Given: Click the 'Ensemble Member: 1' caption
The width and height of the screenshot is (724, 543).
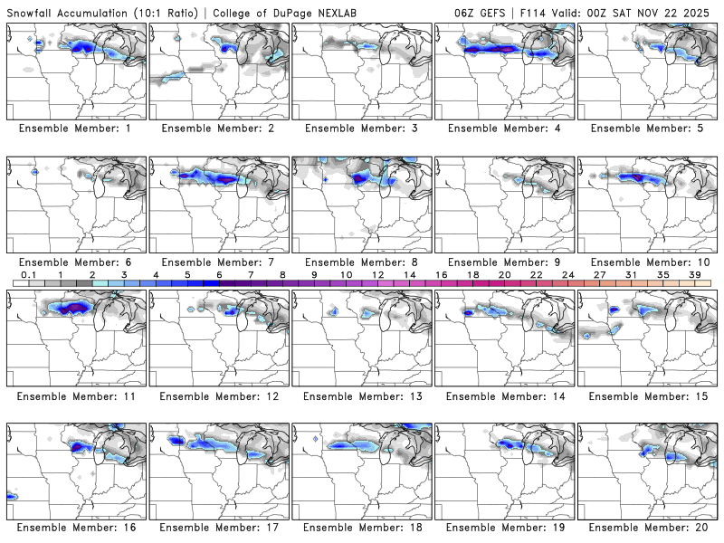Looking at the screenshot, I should pyautogui.click(x=77, y=129).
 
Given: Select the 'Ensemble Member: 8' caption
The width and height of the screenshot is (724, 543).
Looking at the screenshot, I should pyautogui.click(x=363, y=262).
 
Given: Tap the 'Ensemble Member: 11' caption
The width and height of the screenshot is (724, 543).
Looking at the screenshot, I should pyautogui.click(x=77, y=395).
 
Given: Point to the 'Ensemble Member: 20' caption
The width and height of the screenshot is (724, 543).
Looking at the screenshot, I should pyautogui.click(x=649, y=528).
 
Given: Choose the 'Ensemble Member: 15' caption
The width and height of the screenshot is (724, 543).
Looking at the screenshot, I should pyautogui.click(x=649, y=395).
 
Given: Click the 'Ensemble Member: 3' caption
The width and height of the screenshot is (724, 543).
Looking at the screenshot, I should pyautogui.click(x=363, y=129).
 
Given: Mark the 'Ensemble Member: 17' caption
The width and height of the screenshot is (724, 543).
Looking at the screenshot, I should pyautogui.click(x=220, y=528).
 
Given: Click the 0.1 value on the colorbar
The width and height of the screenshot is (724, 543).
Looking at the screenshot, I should pyautogui.click(x=29, y=274).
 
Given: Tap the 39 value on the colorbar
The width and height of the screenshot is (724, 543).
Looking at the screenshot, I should pyautogui.click(x=694, y=274).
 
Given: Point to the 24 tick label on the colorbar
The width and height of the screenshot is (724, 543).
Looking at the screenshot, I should pyautogui.click(x=567, y=274).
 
